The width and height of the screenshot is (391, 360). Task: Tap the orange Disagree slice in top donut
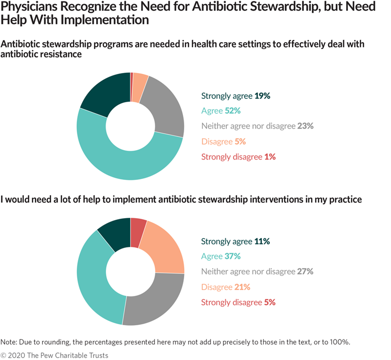pos(139,81)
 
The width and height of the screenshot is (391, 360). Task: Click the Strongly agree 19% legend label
pos(236,96)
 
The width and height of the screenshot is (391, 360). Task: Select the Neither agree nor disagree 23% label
pos(257,126)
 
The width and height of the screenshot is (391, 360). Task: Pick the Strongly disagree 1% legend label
pos(239,157)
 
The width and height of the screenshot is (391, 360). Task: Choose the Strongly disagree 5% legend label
pos(239,302)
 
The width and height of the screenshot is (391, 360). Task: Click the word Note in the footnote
pos(9,341)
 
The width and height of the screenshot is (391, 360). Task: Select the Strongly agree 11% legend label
pos(236,241)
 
